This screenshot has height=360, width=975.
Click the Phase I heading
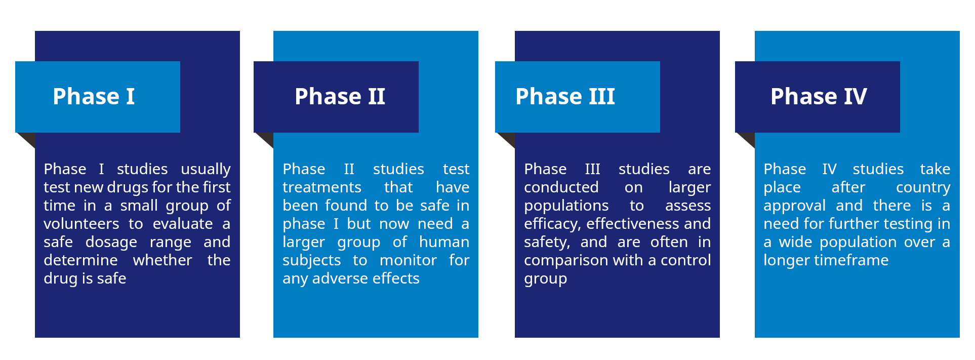94,96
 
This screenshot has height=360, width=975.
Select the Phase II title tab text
340,96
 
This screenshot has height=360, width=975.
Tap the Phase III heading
565,96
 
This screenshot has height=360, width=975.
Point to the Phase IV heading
819,96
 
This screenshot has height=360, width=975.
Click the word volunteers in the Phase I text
82,224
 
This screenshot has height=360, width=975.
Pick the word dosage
111,243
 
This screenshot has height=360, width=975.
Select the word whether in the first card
162,260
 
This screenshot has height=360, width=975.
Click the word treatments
322,187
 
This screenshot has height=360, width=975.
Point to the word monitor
408,260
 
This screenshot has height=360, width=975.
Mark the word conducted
561,187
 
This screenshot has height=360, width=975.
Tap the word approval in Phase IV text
795,206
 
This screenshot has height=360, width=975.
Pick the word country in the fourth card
923,188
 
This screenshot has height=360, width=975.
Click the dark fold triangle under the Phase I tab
25,140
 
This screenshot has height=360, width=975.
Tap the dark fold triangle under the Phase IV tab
745,140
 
